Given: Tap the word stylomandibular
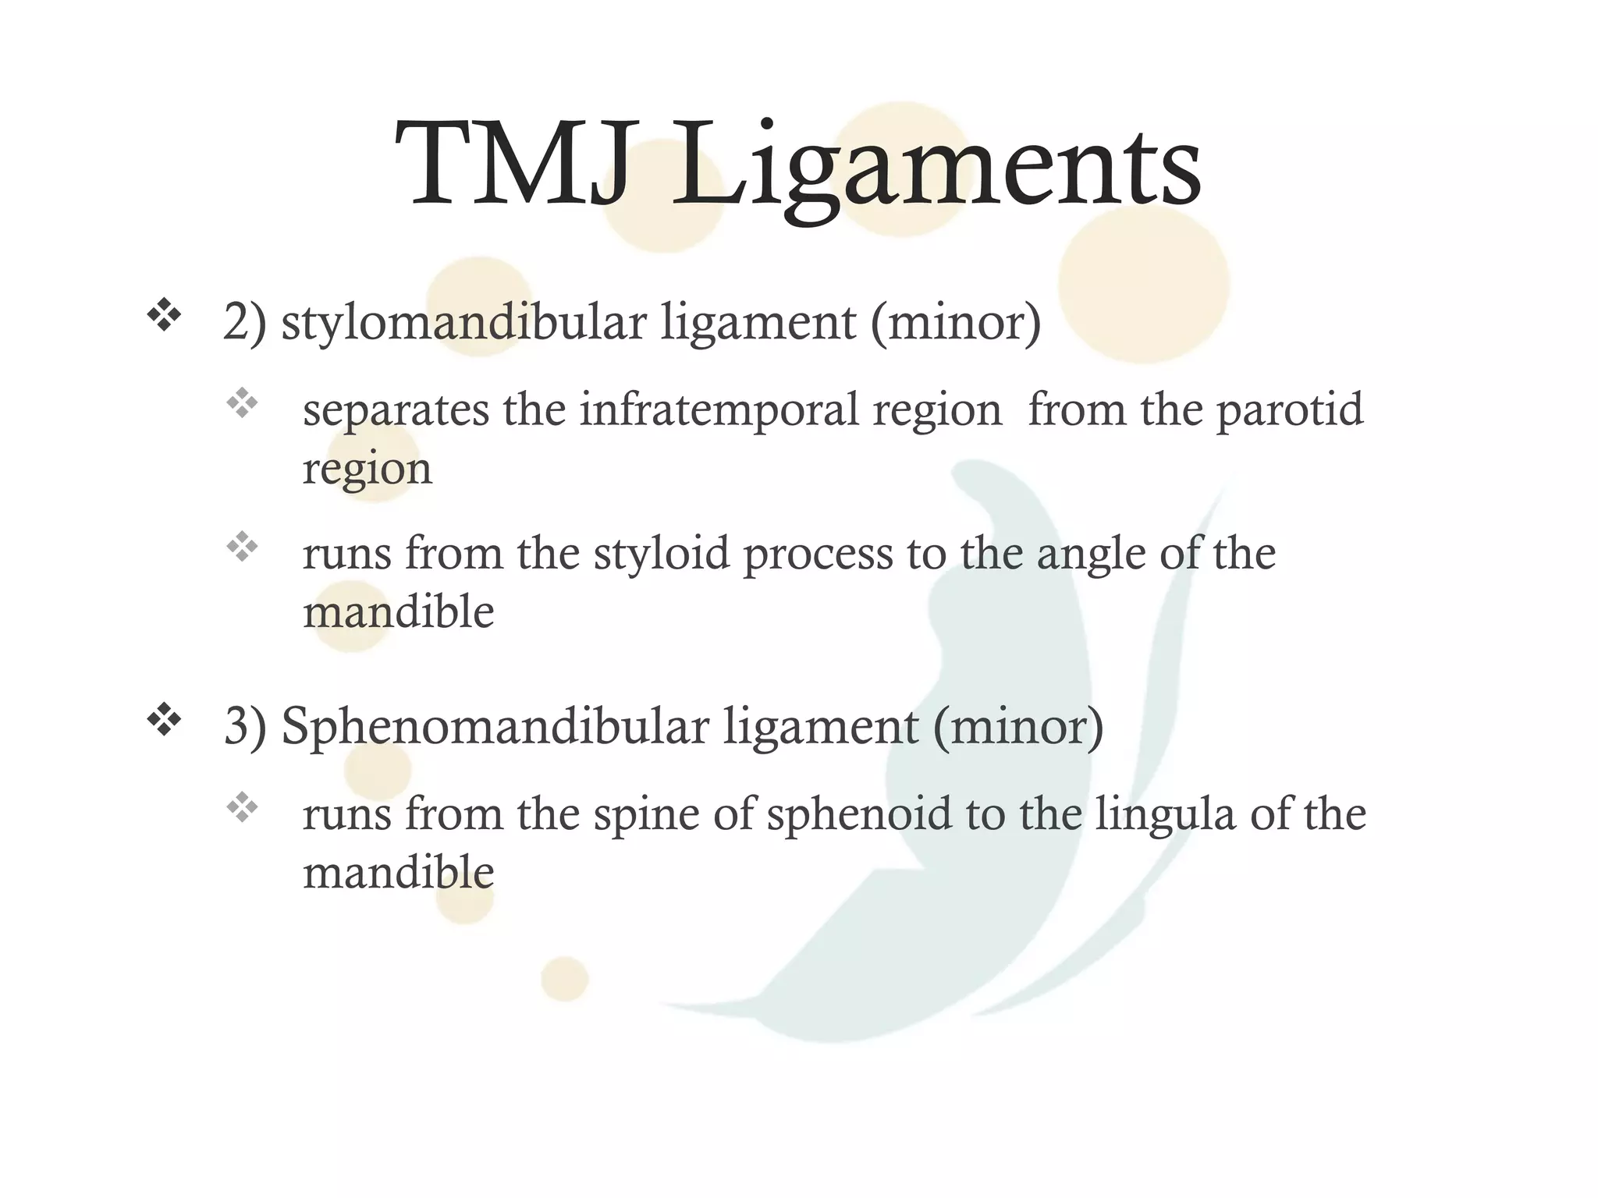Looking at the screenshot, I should [463, 321].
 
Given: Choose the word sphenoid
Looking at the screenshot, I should [859, 813].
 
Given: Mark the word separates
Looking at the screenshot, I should [395, 411].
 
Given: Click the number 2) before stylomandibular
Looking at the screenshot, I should [244, 321].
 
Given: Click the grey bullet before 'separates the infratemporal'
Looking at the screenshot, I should [242, 403].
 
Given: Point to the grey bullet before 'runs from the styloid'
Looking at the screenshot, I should [242, 547].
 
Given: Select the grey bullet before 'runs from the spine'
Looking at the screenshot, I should [242, 807].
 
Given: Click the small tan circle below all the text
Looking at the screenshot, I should [564, 979].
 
